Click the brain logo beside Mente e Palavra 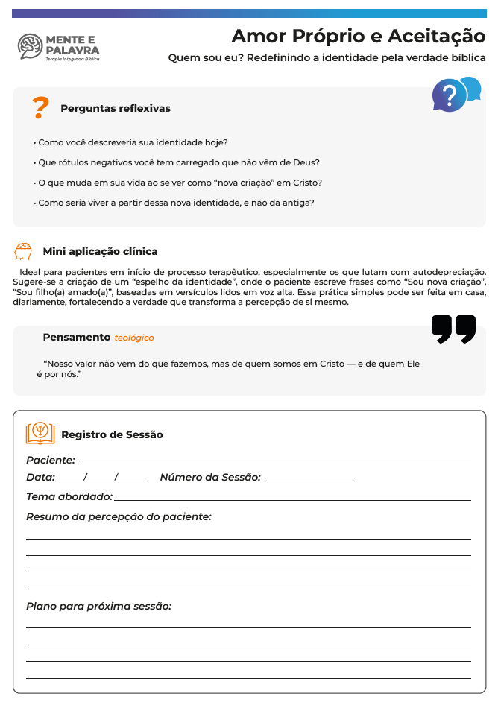click(x=30, y=45)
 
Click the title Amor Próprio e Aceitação click(x=358, y=36)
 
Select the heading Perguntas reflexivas click(x=116, y=109)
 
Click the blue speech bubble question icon click(x=456, y=94)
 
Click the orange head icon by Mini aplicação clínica click(x=23, y=251)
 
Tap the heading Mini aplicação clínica click(x=100, y=251)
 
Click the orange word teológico click(x=134, y=338)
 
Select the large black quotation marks click(x=453, y=329)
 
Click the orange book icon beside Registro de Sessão click(x=40, y=434)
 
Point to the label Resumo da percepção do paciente click(x=119, y=516)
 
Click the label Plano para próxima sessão click(x=99, y=607)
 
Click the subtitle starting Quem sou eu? click(x=327, y=58)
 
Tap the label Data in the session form click(x=40, y=478)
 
